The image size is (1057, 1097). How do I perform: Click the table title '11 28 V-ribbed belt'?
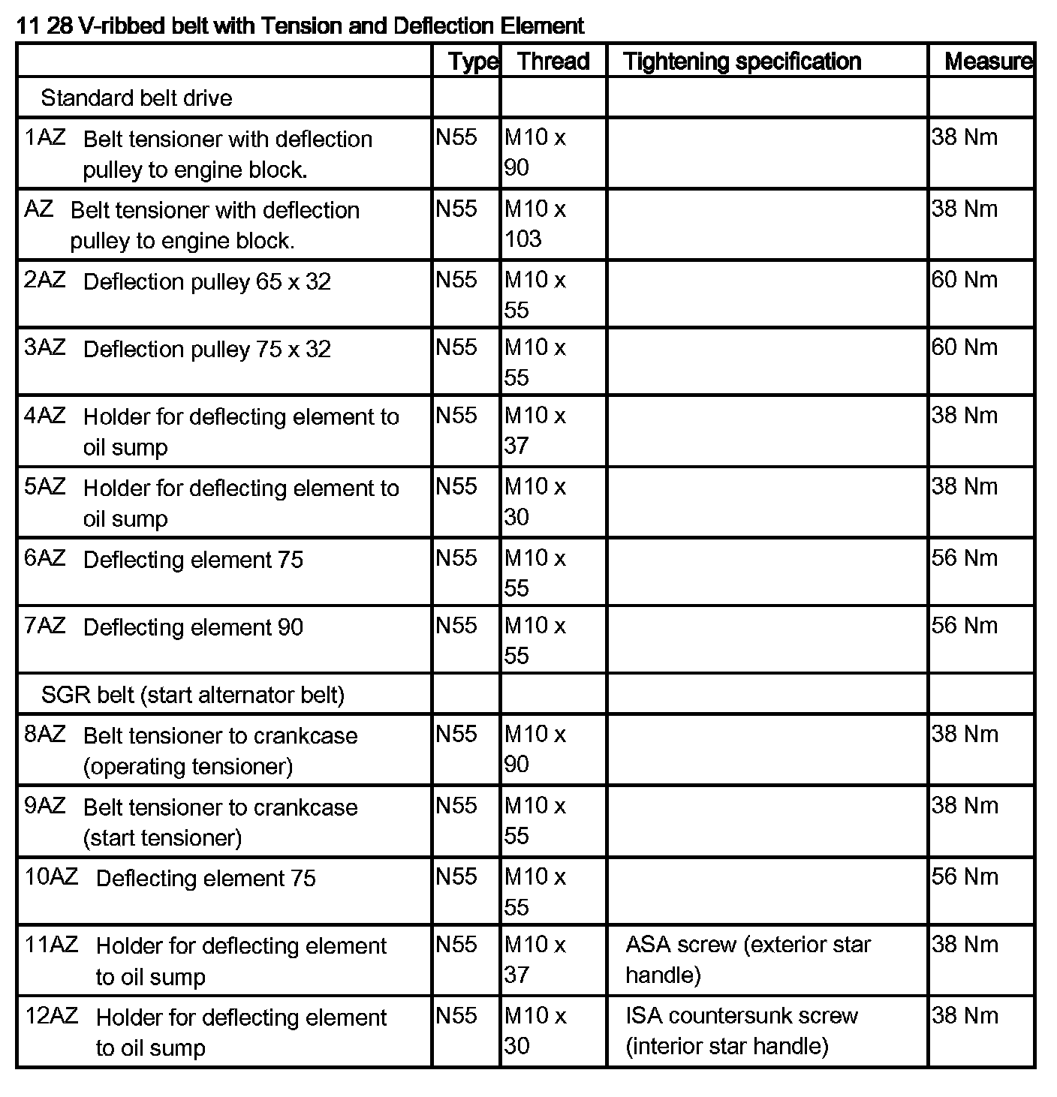tap(300, 26)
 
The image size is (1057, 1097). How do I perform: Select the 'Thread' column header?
tap(553, 61)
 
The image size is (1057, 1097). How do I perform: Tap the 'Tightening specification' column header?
tap(742, 61)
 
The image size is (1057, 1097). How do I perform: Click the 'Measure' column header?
tap(988, 61)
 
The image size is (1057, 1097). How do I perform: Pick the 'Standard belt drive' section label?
tap(137, 98)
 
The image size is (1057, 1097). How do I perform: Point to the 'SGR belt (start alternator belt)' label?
tap(193, 694)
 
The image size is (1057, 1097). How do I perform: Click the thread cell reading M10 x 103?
tap(535, 224)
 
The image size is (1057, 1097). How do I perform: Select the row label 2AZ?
tap(45, 280)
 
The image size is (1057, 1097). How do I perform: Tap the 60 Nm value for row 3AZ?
tap(965, 347)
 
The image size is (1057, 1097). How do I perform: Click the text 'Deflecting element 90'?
tap(193, 627)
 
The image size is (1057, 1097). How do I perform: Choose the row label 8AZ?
tap(45, 734)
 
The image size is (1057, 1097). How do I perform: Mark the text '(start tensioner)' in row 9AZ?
tap(162, 837)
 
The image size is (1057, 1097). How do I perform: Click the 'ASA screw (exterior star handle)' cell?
tap(748, 959)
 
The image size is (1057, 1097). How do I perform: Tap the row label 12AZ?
tap(51, 1016)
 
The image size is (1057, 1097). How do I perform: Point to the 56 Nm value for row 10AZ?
tap(965, 876)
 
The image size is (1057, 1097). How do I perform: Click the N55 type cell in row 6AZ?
tap(456, 558)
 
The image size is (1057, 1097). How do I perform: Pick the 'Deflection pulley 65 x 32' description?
tap(206, 281)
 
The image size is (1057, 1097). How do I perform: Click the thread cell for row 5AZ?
tap(535, 501)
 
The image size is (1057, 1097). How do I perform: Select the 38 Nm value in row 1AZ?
tap(965, 137)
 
